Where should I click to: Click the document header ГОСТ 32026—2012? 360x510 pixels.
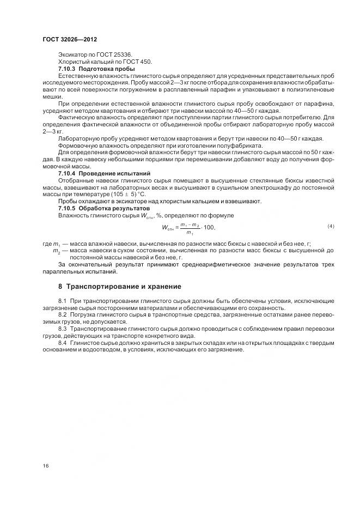point(69,40)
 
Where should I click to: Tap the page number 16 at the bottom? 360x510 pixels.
point(46,466)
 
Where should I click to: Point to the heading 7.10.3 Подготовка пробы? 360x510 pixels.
point(96,70)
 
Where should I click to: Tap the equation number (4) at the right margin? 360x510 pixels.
point(330,226)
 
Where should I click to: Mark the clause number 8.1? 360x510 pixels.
point(62,301)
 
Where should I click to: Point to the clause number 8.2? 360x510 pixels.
point(62,315)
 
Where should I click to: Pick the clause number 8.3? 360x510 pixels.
point(62,329)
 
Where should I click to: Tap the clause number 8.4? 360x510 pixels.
point(62,343)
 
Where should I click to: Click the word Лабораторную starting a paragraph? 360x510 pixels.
point(80,138)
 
